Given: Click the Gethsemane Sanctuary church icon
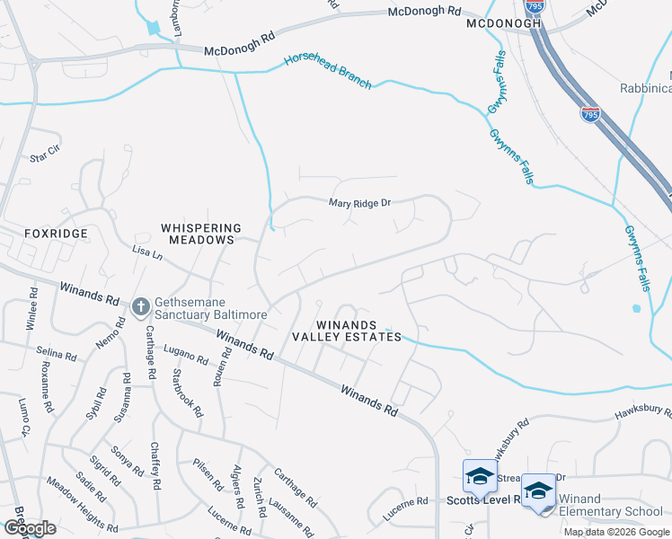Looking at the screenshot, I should point(140,307).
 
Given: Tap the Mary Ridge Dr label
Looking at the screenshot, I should point(359,203).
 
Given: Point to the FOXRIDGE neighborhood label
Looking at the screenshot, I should point(57,234).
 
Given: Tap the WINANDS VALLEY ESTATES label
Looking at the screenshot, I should point(346,330).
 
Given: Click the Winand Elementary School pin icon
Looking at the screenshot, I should point(538,491).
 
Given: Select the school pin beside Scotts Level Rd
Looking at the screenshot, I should point(480,478).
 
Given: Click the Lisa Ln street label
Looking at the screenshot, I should point(146,254).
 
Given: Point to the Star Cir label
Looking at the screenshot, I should point(44,157).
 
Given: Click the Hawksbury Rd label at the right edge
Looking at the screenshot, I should point(643,413).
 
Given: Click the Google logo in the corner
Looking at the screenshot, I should point(30,528).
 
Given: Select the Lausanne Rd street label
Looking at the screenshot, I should point(289,516).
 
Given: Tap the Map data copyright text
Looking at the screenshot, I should point(616,532).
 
